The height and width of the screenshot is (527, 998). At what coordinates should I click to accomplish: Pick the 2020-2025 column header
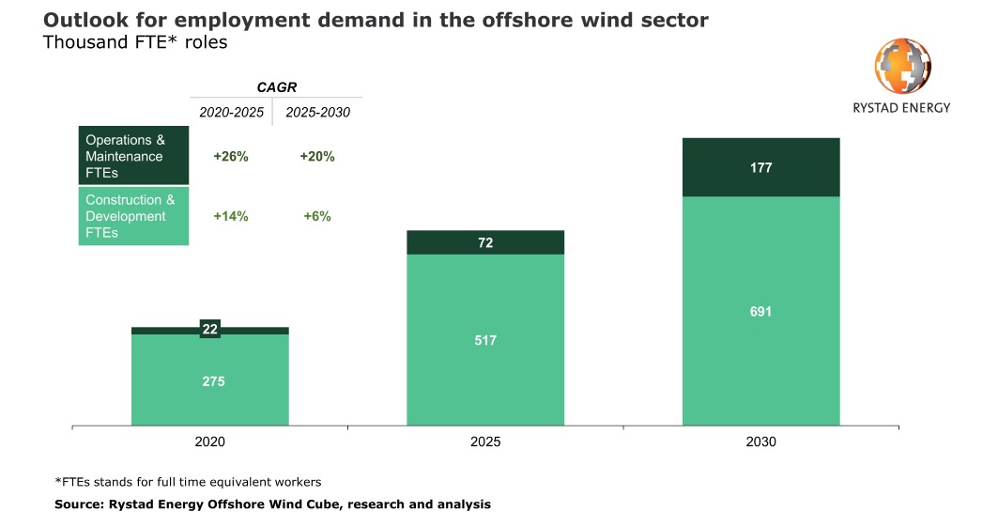pos(231,113)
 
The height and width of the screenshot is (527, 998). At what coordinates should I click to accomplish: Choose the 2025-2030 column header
pos(317,113)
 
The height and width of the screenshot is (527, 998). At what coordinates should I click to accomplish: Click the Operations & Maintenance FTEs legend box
pos(132,156)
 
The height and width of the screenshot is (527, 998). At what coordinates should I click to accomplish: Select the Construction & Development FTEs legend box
pos(132,216)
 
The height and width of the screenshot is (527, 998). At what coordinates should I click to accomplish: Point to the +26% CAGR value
pos(231,157)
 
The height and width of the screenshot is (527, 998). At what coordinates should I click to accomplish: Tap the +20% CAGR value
pos(317,157)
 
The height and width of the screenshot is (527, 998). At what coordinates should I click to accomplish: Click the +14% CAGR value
pos(231,216)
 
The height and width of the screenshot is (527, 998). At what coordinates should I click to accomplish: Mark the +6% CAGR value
pos(317,216)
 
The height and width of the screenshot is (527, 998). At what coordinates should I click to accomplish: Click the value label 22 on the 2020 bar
pos(210,329)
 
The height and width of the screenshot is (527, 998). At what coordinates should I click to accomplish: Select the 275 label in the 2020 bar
pos(213,381)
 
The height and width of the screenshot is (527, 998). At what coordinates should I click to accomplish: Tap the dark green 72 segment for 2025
pos(485,242)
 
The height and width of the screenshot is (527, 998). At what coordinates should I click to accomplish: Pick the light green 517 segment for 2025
pos(485,340)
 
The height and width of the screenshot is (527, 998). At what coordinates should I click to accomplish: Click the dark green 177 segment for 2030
pos(760,168)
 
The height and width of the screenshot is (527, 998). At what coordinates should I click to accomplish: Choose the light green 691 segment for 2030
pos(760,311)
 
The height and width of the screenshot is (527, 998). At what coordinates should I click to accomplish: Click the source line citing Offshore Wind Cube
pos(272,504)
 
